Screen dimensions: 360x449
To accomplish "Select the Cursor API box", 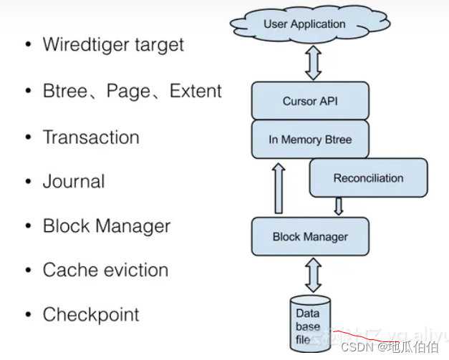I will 309,101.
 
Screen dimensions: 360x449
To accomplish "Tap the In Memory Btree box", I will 309,140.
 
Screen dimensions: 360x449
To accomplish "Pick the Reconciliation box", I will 368,178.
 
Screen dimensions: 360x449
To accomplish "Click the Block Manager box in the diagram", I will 309,237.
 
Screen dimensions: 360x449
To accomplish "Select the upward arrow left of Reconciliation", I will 279,188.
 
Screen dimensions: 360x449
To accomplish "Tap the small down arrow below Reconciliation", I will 339,206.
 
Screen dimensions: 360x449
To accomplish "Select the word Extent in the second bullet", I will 195,92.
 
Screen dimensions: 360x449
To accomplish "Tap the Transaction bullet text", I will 91,137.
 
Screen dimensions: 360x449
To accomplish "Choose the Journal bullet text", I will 74,182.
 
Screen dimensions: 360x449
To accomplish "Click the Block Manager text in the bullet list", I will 107,226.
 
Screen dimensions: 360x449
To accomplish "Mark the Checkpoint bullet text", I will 91,314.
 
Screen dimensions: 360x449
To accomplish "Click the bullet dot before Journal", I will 28,183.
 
